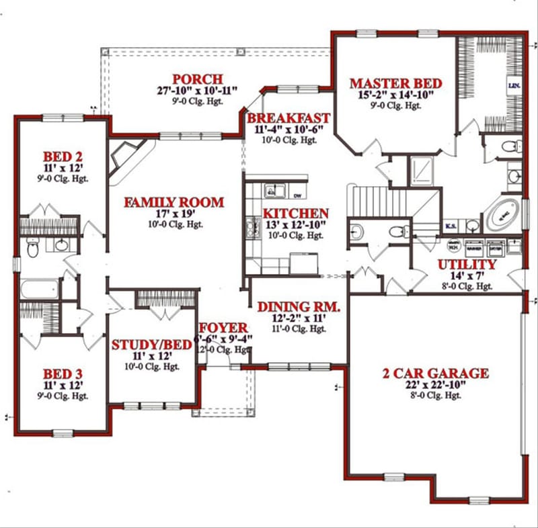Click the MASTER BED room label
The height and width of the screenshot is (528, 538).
[x=395, y=83]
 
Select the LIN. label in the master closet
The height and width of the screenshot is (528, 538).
[x=514, y=87]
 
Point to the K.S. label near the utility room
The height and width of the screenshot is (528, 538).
[x=451, y=226]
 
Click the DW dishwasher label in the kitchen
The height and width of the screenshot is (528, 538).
[x=297, y=195]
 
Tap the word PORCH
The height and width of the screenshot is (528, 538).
[x=197, y=79]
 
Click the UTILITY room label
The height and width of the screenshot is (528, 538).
[x=466, y=265]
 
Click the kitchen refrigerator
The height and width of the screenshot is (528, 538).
[x=303, y=263]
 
